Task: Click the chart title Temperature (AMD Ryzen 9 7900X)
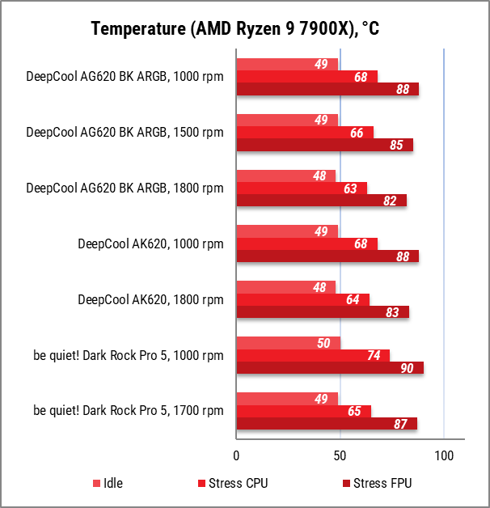235,29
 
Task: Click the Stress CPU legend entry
238,484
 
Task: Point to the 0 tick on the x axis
236,456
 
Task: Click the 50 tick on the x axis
340,456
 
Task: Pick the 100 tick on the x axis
444,456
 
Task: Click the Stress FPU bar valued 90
329,368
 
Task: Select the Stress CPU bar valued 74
313,355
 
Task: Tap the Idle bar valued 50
288,343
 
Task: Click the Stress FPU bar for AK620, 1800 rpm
322,312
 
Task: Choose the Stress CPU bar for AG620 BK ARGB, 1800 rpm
301,188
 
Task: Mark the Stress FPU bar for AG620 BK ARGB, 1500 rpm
324,145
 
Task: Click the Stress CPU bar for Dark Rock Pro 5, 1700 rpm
303,411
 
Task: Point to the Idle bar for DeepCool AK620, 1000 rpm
287,231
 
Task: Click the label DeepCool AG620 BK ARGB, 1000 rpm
125,78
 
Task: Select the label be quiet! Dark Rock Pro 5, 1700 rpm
129,411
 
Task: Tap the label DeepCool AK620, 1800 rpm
150,300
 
